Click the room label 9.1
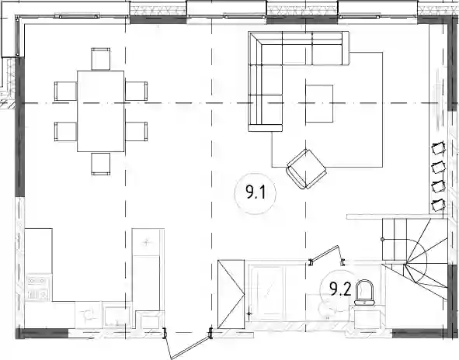(x=256, y=192)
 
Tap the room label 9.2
(x=340, y=289)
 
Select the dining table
(x=100, y=111)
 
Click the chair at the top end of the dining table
(x=100, y=59)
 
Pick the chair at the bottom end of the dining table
(x=100, y=164)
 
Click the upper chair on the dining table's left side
(x=65, y=91)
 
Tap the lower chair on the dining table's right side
(x=136, y=131)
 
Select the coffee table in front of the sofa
(x=319, y=103)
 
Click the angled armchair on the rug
(x=306, y=168)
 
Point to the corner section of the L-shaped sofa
(x=265, y=48)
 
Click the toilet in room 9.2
(x=364, y=292)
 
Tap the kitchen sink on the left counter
(x=38, y=288)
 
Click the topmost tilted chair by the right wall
(x=438, y=148)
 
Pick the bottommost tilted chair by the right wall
(x=438, y=204)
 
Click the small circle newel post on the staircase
(x=383, y=239)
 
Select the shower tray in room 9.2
(x=267, y=292)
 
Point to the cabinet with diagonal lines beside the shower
(x=231, y=294)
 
